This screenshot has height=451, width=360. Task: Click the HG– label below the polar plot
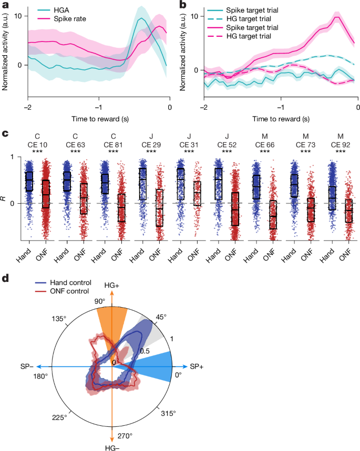tap(112, 446)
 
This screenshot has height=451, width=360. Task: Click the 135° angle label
tap(58, 319)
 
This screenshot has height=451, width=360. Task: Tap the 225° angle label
tap(58, 417)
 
